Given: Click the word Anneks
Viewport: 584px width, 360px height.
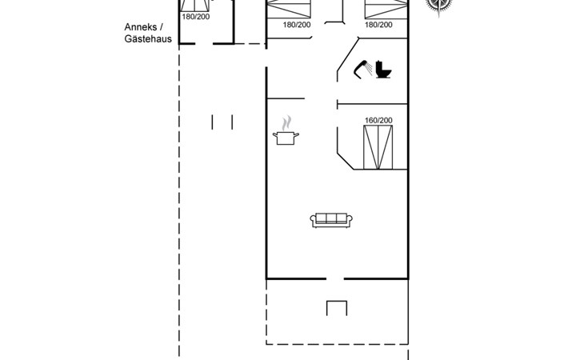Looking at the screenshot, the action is click(141, 27).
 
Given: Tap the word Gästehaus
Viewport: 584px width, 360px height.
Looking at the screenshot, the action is click(148, 39).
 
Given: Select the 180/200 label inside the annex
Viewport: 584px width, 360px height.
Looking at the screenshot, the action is click(195, 17).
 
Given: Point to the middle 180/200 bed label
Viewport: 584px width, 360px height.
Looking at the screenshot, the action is click(297, 25).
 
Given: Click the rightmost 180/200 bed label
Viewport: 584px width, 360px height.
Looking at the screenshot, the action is click(378, 25).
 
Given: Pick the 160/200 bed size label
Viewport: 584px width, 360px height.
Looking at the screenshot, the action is click(378, 121).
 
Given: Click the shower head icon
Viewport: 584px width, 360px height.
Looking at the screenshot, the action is click(362, 70).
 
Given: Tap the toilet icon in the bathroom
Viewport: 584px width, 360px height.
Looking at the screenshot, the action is click(383, 70).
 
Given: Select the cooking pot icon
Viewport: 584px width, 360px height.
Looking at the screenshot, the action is click(286, 138).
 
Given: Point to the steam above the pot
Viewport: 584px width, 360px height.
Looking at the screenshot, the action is click(286, 123).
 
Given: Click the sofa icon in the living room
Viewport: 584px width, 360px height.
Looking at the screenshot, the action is click(331, 220).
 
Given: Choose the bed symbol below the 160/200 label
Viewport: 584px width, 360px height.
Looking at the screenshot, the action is click(378, 147).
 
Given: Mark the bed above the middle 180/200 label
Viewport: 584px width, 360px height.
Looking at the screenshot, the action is click(289, 9).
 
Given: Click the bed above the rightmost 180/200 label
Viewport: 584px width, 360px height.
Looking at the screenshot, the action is click(386, 9).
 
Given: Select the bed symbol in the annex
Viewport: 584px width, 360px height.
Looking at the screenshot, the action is click(194, 6).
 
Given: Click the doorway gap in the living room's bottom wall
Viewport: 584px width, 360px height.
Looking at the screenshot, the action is click(335, 278).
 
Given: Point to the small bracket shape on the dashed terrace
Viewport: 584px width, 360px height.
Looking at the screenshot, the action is click(337, 302).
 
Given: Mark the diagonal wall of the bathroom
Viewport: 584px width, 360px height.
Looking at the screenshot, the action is click(348, 54).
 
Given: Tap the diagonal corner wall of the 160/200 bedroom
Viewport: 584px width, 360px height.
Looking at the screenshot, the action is click(346, 161).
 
